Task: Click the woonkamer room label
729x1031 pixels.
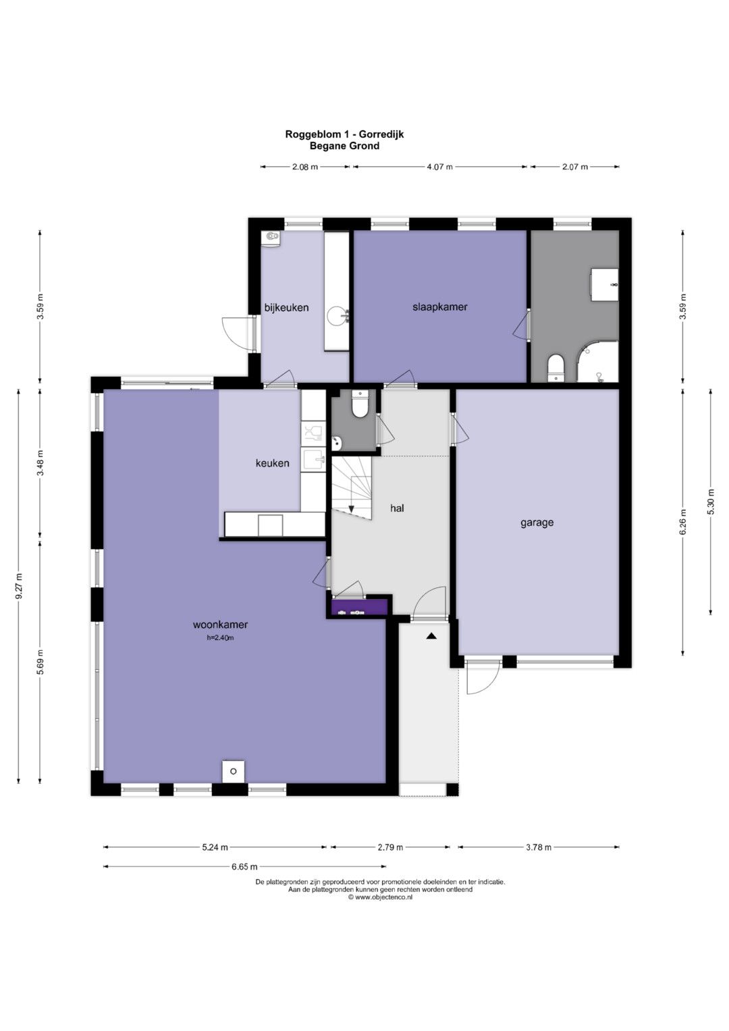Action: tap(220, 625)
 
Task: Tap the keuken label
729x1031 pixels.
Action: tap(273, 463)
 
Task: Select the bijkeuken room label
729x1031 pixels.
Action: tap(286, 307)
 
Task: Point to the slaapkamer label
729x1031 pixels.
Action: tap(440, 307)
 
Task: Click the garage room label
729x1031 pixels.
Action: tap(537, 523)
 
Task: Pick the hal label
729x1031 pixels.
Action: tap(397, 508)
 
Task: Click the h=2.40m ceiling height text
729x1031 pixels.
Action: tap(221, 638)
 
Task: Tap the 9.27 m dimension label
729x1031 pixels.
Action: tap(19, 586)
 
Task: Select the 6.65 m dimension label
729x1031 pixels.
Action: tap(244, 867)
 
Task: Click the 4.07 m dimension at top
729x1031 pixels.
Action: tap(439, 167)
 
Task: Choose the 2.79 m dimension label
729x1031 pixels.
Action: tap(390, 847)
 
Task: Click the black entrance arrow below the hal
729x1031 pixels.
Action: tap(431, 636)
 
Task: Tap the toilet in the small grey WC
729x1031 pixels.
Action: tap(359, 404)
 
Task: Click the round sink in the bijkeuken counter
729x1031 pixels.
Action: tap(335, 316)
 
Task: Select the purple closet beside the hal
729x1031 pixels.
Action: tap(359, 607)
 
